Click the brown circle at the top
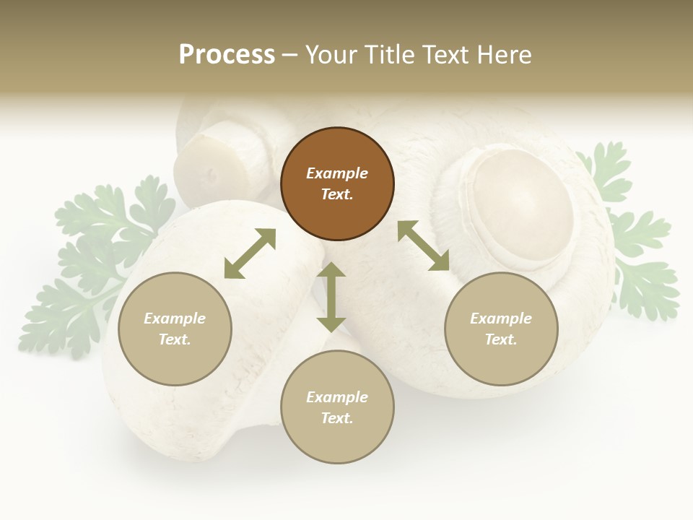point(337,184)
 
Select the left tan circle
point(175,329)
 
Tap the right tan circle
point(501,329)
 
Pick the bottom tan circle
point(337,407)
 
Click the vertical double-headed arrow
point(331,297)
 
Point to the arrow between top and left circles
point(250,253)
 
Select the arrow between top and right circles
point(424,246)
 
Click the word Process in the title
point(227,54)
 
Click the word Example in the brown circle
point(337,173)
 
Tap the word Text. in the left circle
point(175,339)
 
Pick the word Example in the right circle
point(501,318)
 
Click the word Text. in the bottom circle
point(337,418)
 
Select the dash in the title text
point(290,55)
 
